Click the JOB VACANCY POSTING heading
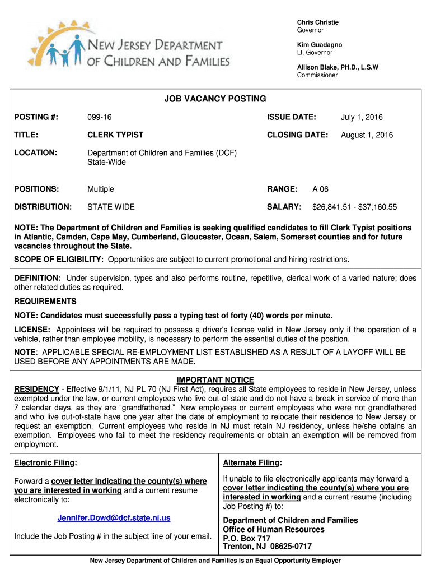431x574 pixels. (x=215, y=99)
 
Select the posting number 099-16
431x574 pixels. (x=99, y=117)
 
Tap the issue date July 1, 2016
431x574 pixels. (x=362, y=117)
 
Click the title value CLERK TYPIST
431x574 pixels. (x=115, y=135)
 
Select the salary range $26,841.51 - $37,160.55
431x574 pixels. (x=354, y=207)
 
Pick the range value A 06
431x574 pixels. (x=320, y=189)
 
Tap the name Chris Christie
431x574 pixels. (x=317, y=22)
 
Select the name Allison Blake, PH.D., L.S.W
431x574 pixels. (x=338, y=67)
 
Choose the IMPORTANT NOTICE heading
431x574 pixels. (x=215, y=380)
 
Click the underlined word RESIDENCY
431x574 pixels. (x=36, y=389)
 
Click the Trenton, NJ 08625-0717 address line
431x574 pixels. (x=267, y=547)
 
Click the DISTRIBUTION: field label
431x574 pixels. (x=43, y=207)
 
